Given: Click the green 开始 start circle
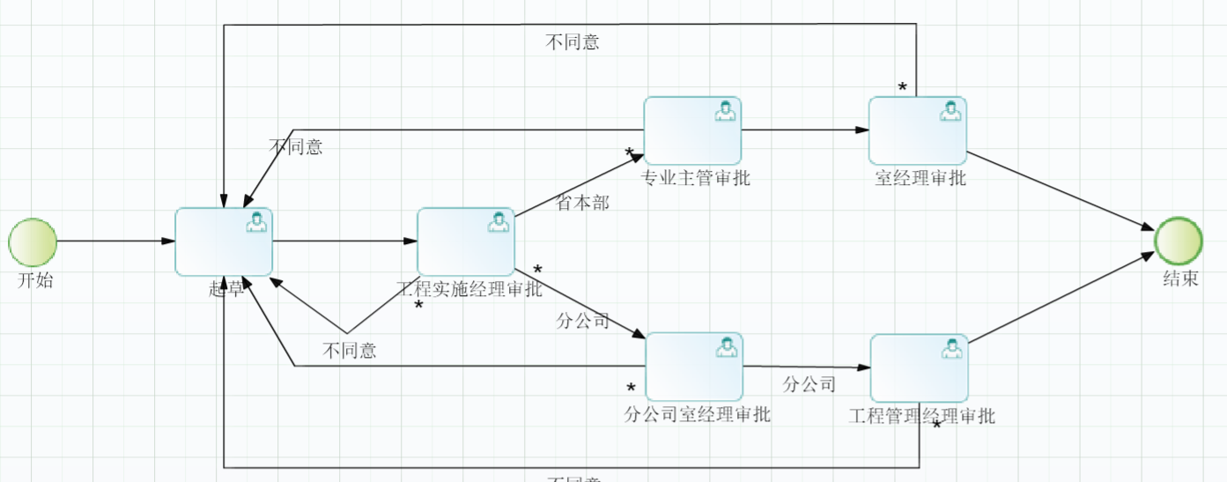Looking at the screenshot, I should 33,241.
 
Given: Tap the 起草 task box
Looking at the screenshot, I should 224,241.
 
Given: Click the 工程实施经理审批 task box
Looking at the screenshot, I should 465,241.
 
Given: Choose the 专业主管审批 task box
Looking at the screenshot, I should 692,130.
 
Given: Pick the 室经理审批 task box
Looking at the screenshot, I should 917,130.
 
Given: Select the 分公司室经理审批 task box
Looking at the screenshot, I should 694,366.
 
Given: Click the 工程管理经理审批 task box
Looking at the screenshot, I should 919,367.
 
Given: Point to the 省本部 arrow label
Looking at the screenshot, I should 582,203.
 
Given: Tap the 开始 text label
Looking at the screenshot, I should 35,281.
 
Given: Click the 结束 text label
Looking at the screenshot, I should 1180,279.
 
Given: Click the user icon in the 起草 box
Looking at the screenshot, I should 256,222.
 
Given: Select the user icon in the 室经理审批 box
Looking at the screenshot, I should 950,111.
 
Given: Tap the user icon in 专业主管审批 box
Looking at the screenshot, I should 725,111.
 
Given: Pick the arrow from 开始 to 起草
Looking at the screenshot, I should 115,241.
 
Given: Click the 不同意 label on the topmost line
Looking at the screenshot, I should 573,42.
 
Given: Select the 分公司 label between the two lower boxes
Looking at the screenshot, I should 809,384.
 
